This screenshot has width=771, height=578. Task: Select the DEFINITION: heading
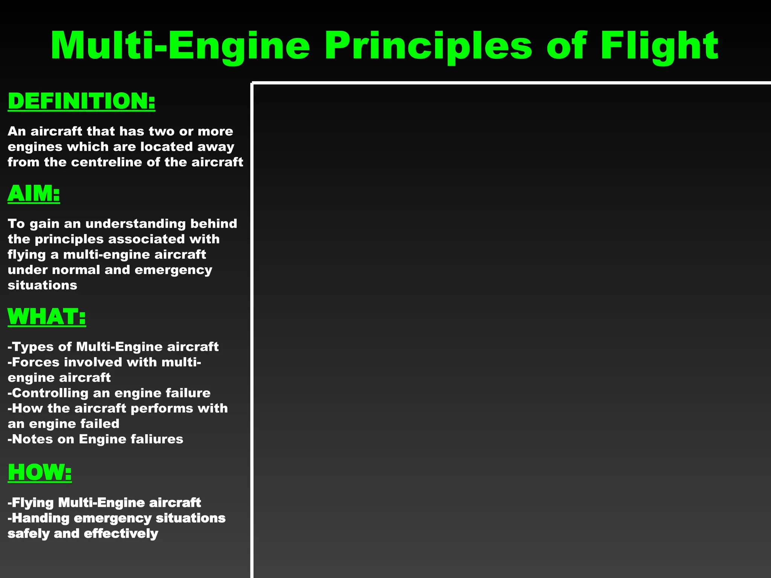81,101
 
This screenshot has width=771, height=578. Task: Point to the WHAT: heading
47,316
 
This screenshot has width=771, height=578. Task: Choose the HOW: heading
40,472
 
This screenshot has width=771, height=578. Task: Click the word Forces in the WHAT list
36,362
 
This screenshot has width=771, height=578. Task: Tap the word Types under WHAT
33,347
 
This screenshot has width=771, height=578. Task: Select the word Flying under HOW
33,503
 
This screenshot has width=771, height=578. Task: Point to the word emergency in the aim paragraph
173,270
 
